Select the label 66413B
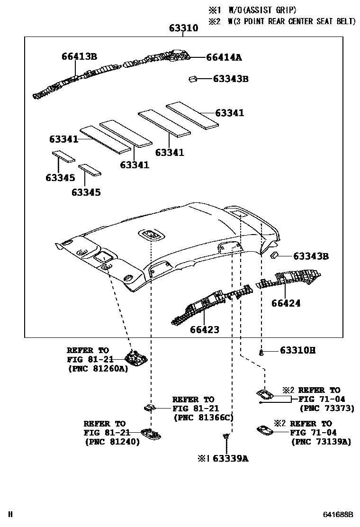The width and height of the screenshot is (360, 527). (x=79, y=56)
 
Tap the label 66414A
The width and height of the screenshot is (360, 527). (x=224, y=57)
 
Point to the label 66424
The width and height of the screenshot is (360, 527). (x=286, y=303)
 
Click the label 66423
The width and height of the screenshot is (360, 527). (x=205, y=329)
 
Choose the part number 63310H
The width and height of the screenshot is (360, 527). (x=297, y=351)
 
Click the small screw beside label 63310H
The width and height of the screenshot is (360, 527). (x=261, y=352)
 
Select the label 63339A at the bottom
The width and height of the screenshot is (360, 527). (x=230, y=458)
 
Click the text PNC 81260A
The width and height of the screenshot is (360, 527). (x=98, y=368)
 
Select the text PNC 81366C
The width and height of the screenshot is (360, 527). (x=204, y=418)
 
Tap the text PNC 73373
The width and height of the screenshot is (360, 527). (x=326, y=408)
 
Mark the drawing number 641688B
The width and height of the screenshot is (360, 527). (x=338, y=515)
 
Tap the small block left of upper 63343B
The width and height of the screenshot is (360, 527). (x=192, y=79)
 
